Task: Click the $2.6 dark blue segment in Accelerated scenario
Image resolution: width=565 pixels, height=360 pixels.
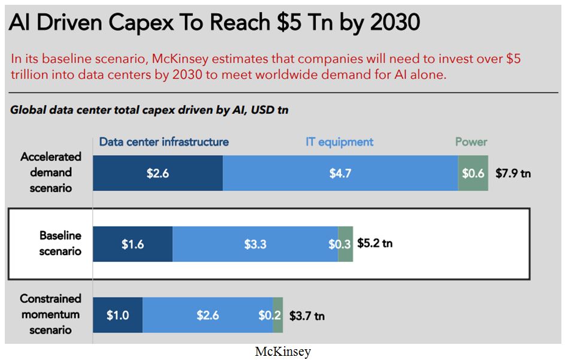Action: click(x=158, y=173)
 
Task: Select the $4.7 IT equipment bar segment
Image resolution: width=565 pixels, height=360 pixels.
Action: click(x=340, y=173)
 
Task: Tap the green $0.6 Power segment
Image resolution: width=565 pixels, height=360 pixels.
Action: click(x=473, y=173)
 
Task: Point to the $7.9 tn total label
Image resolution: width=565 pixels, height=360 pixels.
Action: click(x=513, y=174)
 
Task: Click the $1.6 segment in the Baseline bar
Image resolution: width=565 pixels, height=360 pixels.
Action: click(x=132, y=244)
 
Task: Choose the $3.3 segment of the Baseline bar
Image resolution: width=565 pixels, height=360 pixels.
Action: click(x=255, y=244)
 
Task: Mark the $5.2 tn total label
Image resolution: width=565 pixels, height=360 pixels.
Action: click(x=375, y=243)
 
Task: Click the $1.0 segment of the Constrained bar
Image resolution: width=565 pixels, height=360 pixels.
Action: click(x=117, y=314)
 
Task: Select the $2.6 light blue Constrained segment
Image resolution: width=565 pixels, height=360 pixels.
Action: click(x=207, y=314)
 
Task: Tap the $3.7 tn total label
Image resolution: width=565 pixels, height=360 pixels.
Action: click(x=307, y=315)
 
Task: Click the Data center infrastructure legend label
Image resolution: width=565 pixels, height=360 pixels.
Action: click(x=164, y=142)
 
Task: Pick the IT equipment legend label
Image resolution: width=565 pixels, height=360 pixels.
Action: click(x=339, y=142)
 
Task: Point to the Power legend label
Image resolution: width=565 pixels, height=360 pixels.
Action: click(x=471, y=142)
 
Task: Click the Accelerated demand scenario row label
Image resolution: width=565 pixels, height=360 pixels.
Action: click(x=51, y=173)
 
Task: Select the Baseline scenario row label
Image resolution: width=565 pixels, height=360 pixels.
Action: click(x=60, y=243)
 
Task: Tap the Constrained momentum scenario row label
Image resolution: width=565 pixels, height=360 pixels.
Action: click(x=50, y=314)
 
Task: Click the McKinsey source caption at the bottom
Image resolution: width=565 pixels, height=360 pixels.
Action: click(x=283, y=352)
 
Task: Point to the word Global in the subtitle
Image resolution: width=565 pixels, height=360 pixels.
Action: click(x=29, y=110)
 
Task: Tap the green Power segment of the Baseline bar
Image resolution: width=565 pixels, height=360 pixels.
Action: click(x=346, y=244)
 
